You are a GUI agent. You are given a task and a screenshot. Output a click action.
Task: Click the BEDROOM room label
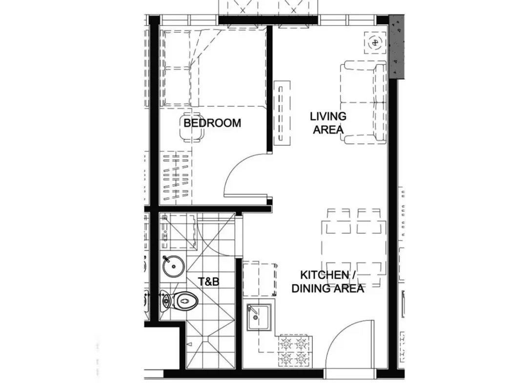[212, 123]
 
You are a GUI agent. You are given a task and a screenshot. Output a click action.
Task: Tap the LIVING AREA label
[328, 123]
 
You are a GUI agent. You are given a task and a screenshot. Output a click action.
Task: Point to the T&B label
[208, 281]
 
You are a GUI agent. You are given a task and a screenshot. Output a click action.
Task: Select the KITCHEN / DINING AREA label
[328, 282]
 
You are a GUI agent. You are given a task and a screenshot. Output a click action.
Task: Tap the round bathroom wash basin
[173, 266]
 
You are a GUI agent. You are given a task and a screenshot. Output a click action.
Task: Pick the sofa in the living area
[364, 102]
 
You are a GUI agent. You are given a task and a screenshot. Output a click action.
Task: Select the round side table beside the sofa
[375, 42]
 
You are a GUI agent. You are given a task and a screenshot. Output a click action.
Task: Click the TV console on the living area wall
[283, 113]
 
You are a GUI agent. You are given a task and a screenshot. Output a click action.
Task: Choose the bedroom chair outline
[192, 129]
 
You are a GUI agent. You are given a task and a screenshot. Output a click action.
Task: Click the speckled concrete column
[397, 47]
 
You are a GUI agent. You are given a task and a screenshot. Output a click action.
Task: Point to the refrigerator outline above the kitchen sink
[260, 280]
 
